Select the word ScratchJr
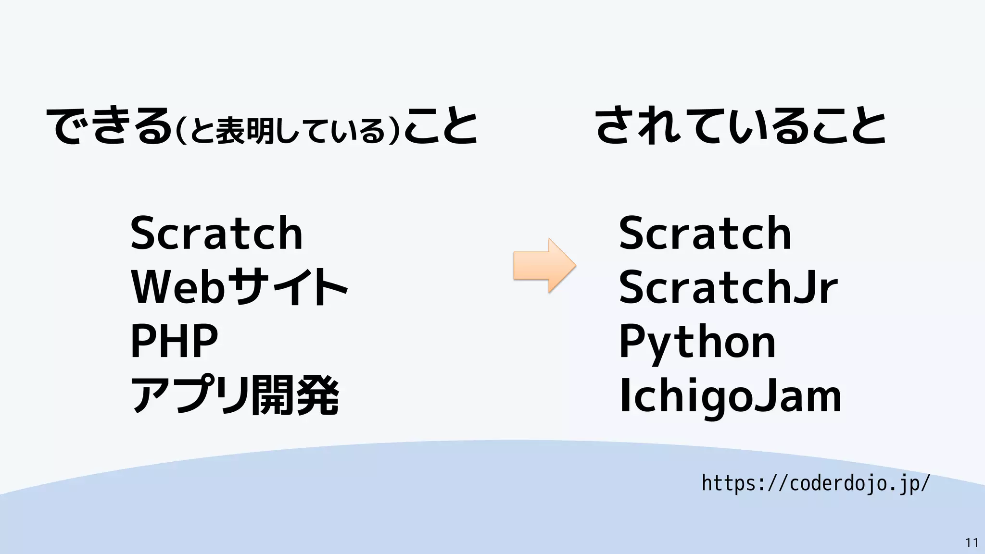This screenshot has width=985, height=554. coord(728,287)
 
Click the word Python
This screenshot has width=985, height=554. coord(697,342)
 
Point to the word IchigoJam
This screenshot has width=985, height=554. coord(730,396)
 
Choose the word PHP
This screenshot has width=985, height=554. coord(174,341)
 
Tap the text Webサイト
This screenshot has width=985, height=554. coord(239,287)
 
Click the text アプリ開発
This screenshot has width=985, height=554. coord(235,396)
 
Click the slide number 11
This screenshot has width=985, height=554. coord(972,543)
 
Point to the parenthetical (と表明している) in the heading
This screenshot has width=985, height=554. coord(288,130)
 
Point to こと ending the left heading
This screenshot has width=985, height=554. coord(441,126)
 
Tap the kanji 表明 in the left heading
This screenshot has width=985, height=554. coord(244,131)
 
